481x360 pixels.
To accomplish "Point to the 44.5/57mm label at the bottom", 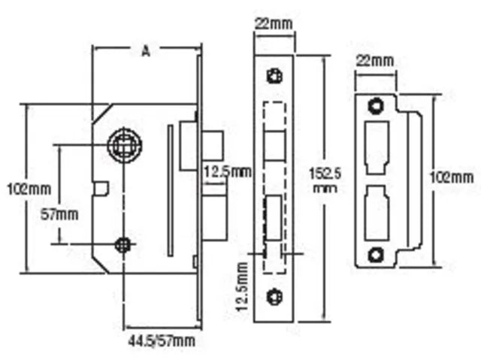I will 159,340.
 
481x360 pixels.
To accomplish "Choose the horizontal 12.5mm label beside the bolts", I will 227,172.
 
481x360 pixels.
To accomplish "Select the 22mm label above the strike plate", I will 374,59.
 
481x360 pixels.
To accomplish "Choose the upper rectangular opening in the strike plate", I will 376,147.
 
